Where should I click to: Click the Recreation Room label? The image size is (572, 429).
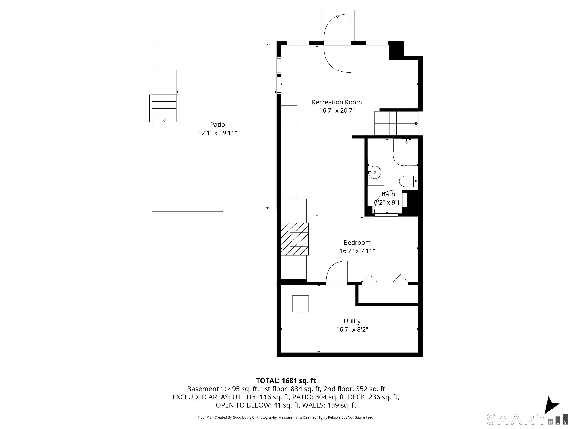click(337, 102)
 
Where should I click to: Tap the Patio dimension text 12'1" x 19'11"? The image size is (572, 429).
click(217, 133)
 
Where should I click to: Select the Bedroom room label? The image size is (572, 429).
click(357, 243)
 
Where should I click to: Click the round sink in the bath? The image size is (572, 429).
click(374, 172)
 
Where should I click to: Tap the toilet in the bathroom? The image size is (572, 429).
click(409, 181)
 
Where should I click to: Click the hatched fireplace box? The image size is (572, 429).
click(295, 239)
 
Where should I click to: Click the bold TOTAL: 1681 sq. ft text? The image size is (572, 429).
click(286, 380)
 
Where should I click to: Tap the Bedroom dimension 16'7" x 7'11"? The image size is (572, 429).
click(357, 251)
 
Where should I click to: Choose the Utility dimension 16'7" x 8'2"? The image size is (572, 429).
click(352, 329)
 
